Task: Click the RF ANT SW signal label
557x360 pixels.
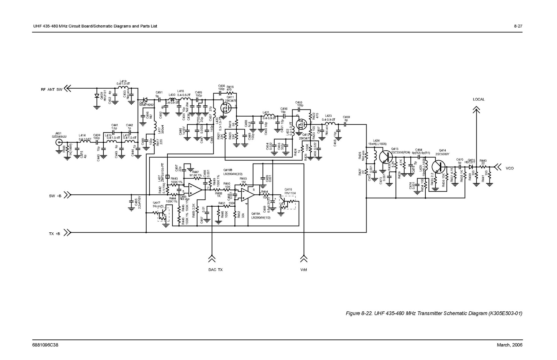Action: tap(51, 90)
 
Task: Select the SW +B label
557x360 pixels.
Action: tap(55, 196)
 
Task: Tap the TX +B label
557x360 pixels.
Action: tap(54, 234)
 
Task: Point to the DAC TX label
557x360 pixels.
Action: tap(215, 270)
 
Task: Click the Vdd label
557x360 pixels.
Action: tap(304, 270)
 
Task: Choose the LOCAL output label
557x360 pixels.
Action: tap(479, 99)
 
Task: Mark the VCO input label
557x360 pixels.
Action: tap(510, 168)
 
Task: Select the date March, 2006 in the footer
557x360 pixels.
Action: tap(510, 345)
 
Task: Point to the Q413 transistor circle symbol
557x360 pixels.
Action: tap(385, 158)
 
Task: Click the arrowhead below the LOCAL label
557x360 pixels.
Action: tap(476, 110)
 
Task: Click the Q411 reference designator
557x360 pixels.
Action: tap(230, 97)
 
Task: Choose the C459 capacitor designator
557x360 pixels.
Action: tap(346, 117)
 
